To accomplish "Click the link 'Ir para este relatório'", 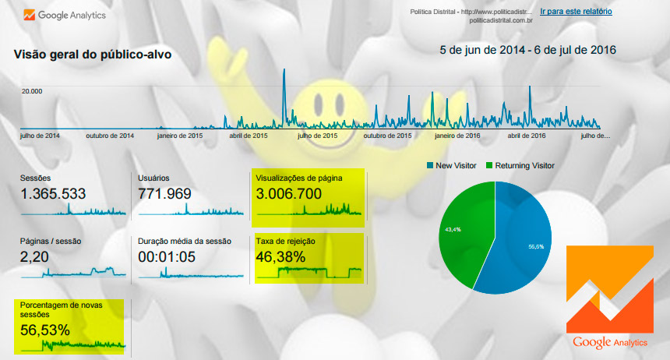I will click(576, 12).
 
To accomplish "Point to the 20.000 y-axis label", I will click(32, 91).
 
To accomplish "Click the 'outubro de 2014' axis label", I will click(110, 136).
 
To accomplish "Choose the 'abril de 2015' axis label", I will click(249, 136).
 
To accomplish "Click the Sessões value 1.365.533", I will click(53, 194).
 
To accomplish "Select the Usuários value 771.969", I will click(164, 194).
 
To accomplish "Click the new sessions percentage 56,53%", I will click(45, 330).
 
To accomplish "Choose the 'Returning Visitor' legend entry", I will click(519, 165).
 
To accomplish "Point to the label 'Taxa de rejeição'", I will click(285, 241).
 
